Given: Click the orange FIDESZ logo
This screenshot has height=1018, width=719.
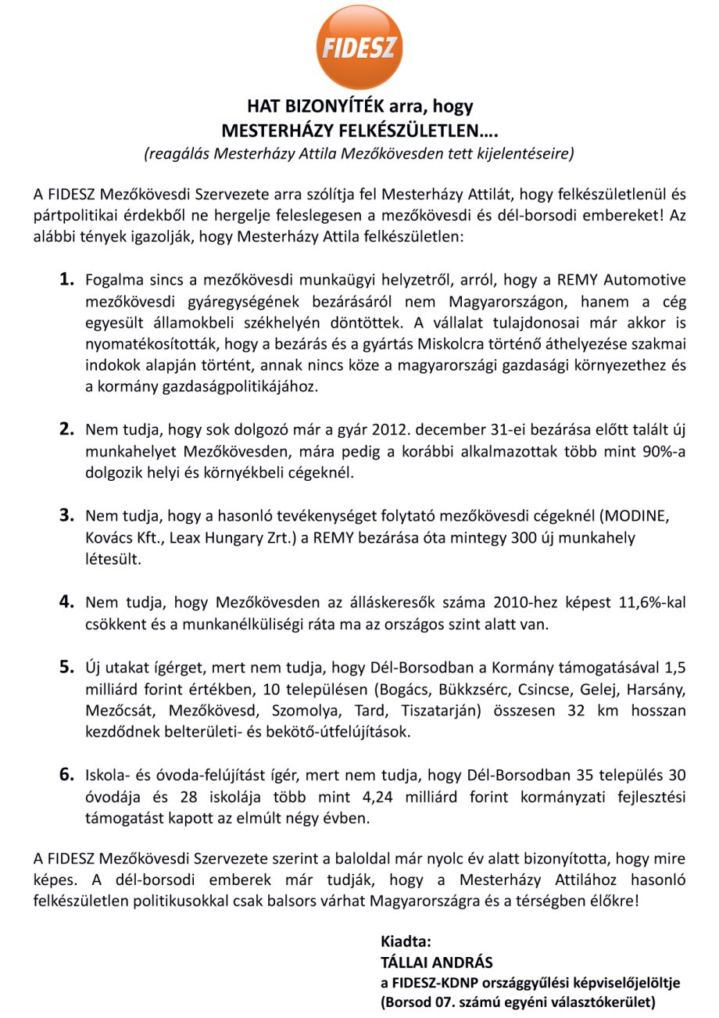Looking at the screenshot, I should tap(359, 48).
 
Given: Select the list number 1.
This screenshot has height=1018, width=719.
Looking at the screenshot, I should tap(66, 279).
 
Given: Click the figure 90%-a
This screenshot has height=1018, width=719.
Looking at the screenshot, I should tap(660, 451).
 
